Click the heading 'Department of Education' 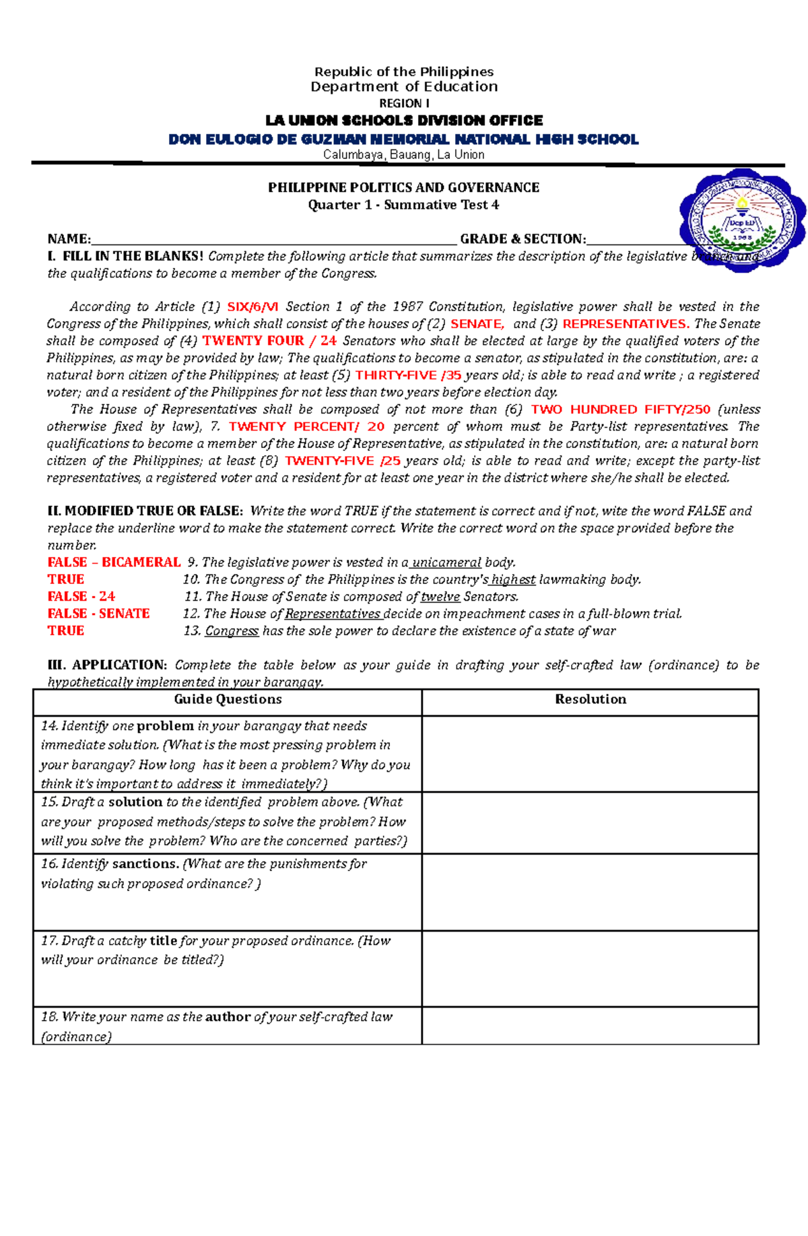(x=404, y=87)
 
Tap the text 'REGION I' (x=404, y=104)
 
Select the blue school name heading (x=403, y=139)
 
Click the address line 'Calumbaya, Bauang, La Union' (x=403, y=155)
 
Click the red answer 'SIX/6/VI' (x=252, y=307)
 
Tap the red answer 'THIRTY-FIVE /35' (x=408, y=375)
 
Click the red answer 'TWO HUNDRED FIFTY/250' (x=620, y=410)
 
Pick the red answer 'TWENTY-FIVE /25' (x=343, y=461)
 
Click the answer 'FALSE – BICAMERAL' (x=114, y=562)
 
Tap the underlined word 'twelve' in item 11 (x=440, y=597)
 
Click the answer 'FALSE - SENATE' (x=98, y=614)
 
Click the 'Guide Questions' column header (x=228, y=700)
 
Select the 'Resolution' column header (x=590, y=700)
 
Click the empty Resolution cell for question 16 (x=590, y=892)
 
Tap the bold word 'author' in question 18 (x=228, y=1017)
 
